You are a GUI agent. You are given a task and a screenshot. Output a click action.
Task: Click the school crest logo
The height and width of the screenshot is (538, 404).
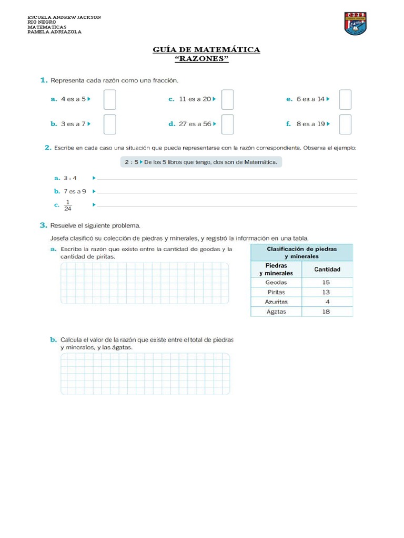tap(355, 24)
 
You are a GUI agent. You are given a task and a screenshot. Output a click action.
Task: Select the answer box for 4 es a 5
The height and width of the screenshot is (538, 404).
tap(109, 99)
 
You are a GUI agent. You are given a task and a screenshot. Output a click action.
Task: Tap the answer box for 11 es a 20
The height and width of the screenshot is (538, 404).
tap(227, 99)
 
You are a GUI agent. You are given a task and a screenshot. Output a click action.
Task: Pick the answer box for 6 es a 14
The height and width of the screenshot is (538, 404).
tap(345, 99)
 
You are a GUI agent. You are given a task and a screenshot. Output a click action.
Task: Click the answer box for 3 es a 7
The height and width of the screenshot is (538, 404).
tap(109, 125)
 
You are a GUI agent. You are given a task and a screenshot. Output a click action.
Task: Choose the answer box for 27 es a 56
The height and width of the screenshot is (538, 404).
tap(227, 125)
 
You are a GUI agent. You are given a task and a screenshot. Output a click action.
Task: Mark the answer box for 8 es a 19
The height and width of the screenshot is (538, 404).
tap(345, 125)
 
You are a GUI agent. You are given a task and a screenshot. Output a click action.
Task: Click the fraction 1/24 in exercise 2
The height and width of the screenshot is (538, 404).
tap(68, 205)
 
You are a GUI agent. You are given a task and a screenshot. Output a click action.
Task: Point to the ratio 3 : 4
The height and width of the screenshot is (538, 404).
tap(70, 178)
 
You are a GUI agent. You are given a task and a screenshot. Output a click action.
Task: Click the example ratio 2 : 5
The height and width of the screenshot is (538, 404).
tap(131, 162)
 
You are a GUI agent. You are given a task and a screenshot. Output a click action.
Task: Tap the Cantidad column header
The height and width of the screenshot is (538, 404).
tap(327, 270)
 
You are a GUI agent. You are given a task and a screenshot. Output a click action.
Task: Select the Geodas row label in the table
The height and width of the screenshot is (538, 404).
tap(276, 282)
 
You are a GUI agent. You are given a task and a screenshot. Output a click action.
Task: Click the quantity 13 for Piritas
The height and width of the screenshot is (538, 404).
tap(326, 292)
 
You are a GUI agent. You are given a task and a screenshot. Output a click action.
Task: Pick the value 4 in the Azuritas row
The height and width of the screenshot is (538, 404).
tap(327, 302)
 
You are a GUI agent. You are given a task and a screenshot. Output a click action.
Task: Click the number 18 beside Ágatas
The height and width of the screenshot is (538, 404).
tap(326, 312)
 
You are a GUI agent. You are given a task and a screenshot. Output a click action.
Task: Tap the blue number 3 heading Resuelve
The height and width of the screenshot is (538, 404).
tap(43, 225)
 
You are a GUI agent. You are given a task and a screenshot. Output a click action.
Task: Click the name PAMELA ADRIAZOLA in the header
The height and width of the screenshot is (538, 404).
tap(54, 32)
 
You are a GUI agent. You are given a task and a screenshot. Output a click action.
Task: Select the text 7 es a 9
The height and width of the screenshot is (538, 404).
tap(74, 192)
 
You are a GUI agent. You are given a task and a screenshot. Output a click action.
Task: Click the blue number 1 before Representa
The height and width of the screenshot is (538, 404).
tap(43, 80)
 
